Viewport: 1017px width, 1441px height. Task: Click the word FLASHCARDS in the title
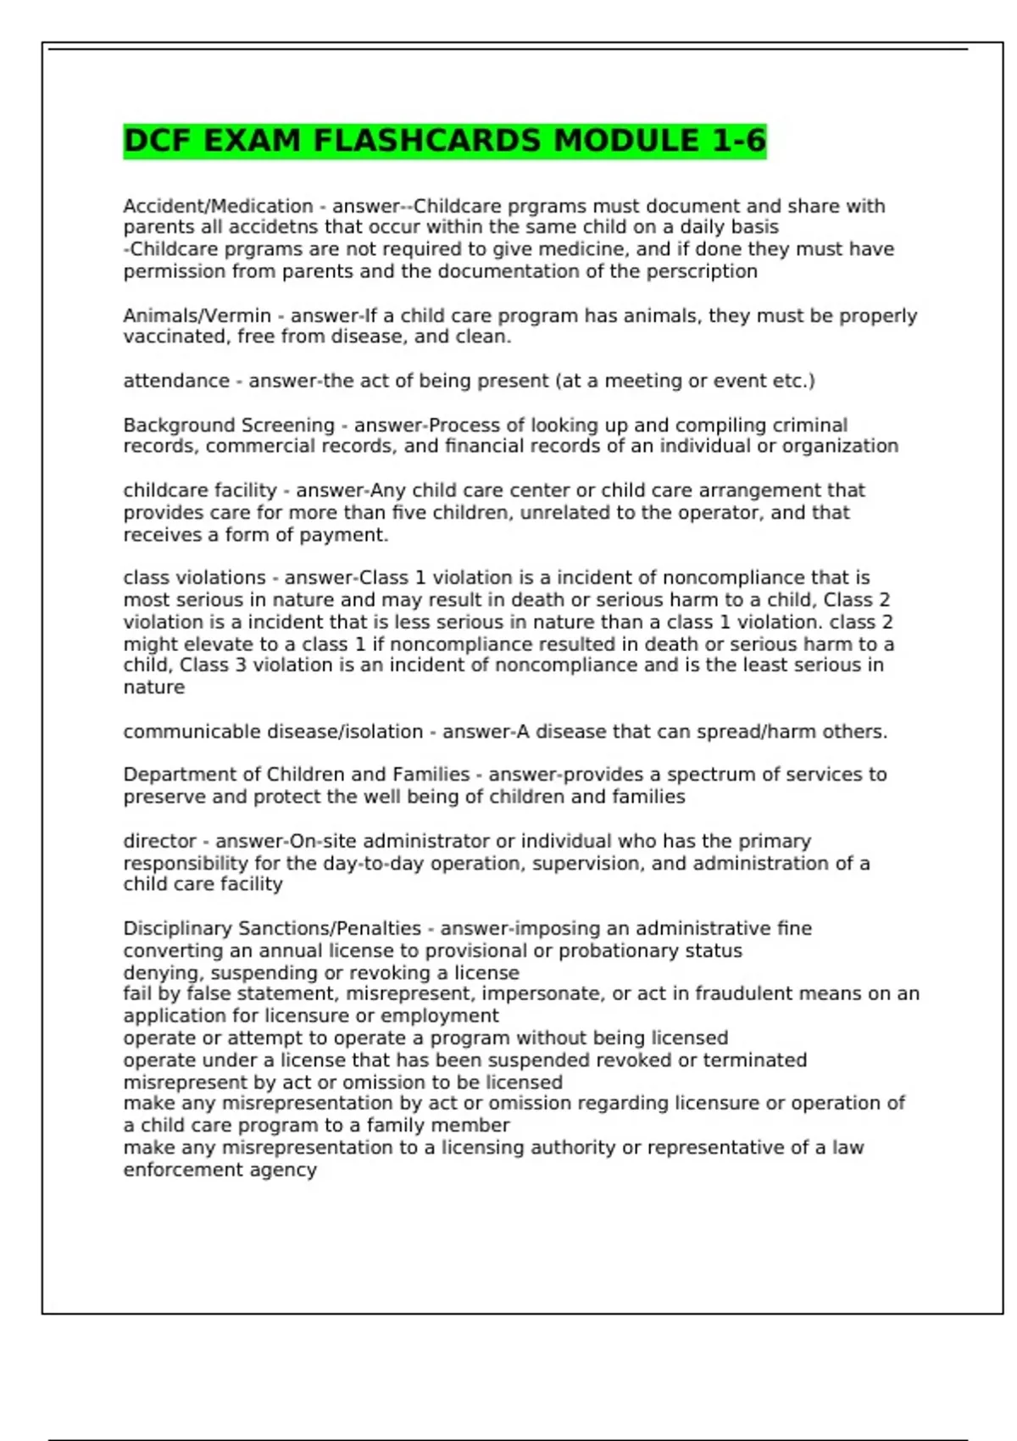[426, 141]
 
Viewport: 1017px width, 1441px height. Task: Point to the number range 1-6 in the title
[738, 141]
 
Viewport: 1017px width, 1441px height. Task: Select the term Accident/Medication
[218, 206]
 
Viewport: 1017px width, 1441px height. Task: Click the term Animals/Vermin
[197, 315]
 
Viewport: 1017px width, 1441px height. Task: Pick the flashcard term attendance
[176, 381]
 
